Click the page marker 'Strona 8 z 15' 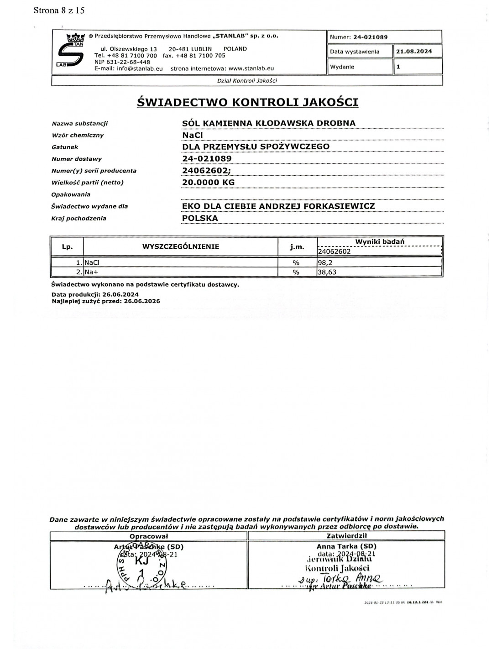(x=59, y=10)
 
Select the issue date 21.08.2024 (x=413, y=52)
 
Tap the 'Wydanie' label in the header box (x=342, y=67)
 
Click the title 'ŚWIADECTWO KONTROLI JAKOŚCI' (x=247, y=102)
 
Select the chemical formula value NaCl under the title (x=192, y=135)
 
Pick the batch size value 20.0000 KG (x=208, y=183)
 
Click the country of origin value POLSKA (x=200, y=218)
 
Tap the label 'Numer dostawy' (x=77, y=159)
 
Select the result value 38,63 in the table (x=327, y=272)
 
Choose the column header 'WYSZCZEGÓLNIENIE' (x=181, y=247)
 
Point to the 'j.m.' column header (x=297, y=247)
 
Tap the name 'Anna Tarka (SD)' (x=346, y=546)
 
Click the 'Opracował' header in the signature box (x=149, y=536)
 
